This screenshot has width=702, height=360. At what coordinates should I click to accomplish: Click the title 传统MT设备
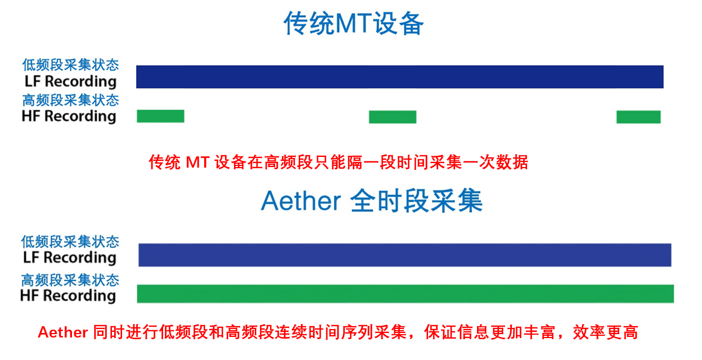[353, 24]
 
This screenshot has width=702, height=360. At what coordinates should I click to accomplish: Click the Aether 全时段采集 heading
[372, 200]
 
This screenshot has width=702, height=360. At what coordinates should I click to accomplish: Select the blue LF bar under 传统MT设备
[399, 76]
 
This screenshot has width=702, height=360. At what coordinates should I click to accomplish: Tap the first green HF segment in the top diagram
[160, 116]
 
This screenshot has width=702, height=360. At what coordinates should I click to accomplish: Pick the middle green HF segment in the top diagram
[393, 117]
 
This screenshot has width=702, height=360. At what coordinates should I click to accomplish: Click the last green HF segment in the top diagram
[638, 117]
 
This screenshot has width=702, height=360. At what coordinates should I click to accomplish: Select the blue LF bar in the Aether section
[405, 255]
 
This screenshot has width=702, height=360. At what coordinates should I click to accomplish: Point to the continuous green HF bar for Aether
[405, 294]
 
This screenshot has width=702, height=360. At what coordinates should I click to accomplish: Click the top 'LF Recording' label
[70, 82]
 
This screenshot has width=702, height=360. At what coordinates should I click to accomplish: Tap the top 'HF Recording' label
[69, 116]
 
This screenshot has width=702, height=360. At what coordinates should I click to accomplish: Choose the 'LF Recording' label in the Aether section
[70, 258]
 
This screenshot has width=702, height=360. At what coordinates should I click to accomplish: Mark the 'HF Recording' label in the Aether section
[68, 296]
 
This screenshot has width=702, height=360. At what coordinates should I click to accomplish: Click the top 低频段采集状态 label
[70, 65]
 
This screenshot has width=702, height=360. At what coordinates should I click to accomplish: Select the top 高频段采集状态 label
[70, 100]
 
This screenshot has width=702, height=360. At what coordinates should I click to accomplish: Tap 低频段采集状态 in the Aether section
[70, 242]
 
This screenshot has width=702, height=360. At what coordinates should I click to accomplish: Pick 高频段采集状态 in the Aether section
[70, 280]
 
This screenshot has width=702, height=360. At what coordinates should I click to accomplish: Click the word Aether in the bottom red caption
[62, 332]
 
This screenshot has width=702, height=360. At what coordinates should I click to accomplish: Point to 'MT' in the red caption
[197, 163]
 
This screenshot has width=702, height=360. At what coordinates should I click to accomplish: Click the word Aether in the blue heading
[301, 201]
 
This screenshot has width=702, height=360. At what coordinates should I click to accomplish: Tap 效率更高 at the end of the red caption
[605, 332]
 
